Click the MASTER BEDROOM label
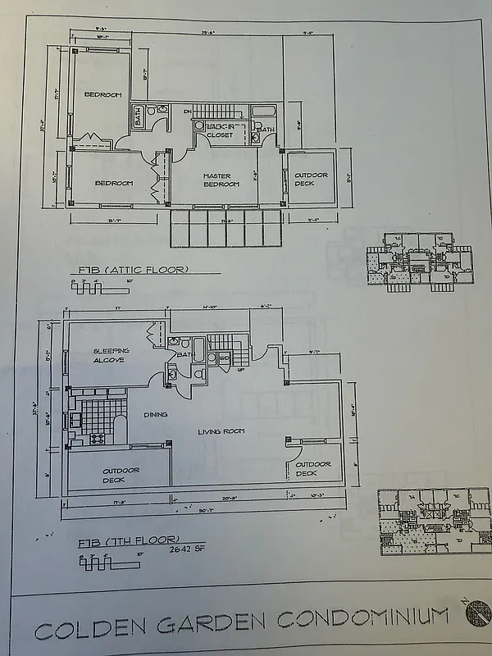coord(221,180)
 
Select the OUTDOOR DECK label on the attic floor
coord(311,179)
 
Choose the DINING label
coord(155,415)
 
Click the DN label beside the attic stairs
coord(187,111)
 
